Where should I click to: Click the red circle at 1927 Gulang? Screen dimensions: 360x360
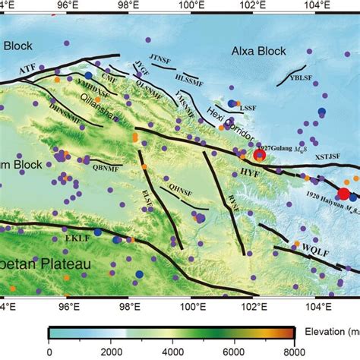coord(259,156)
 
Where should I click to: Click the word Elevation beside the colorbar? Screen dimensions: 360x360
coord(319,333)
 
